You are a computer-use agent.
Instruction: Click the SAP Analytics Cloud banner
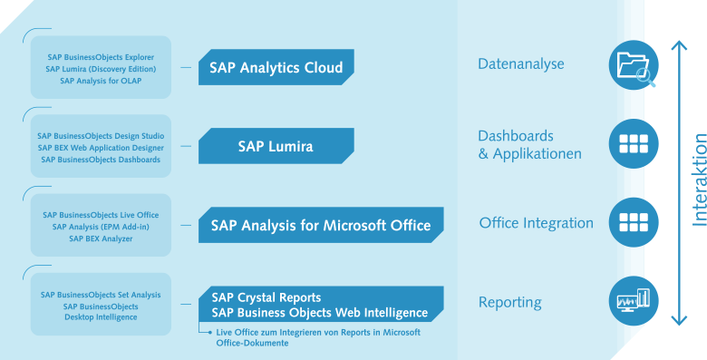click(276, 68)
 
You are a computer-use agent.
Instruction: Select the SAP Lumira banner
click(276, 146)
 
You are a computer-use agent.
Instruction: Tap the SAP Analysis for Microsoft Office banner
click(321, 225)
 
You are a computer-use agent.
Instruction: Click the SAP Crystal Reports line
click(266, 297)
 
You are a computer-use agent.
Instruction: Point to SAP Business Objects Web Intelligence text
click(319, 313)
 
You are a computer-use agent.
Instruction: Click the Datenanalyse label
click(521, 64)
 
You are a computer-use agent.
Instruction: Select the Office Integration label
click(536, 223)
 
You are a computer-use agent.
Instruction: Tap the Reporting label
click(509, 302)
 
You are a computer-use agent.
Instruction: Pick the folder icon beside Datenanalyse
click(634, 65)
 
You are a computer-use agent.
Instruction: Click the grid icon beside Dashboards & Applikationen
click(634, 144)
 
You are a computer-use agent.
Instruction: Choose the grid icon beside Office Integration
click(634, 223)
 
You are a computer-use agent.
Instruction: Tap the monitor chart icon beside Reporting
click(634, 301)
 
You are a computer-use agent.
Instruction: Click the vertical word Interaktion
click(699, 180)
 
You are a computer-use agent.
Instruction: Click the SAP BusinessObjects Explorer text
click(101, 57)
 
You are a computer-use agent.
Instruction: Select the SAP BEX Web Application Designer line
click(101, 148)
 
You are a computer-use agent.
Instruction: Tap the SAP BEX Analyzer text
click(101, 238)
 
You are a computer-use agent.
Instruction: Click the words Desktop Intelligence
click(101, 317)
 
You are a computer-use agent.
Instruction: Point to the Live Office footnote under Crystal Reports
click(317, 336)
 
